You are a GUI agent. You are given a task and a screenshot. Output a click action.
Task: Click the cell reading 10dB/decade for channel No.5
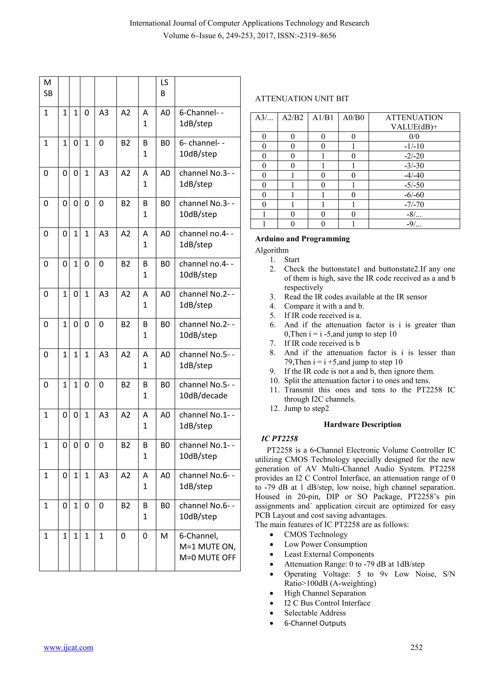207,391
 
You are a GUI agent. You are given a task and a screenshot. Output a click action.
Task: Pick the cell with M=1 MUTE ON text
207,547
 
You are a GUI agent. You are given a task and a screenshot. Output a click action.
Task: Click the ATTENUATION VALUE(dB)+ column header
414,122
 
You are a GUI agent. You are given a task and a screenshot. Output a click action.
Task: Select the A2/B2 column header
293,118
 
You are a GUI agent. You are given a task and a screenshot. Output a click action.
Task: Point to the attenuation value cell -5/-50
414,185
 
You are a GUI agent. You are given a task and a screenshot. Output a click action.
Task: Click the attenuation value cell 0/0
414,136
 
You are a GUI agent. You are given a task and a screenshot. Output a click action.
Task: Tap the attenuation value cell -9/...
414,224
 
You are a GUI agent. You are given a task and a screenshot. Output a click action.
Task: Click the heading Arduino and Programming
302,239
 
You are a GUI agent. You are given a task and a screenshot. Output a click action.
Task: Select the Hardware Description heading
362,424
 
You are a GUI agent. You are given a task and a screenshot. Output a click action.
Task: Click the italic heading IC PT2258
279,439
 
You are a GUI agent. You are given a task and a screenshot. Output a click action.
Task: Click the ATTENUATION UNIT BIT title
302,99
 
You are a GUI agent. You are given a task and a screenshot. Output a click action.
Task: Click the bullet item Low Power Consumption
325,544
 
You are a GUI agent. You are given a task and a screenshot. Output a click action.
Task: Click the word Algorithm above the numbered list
272,250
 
